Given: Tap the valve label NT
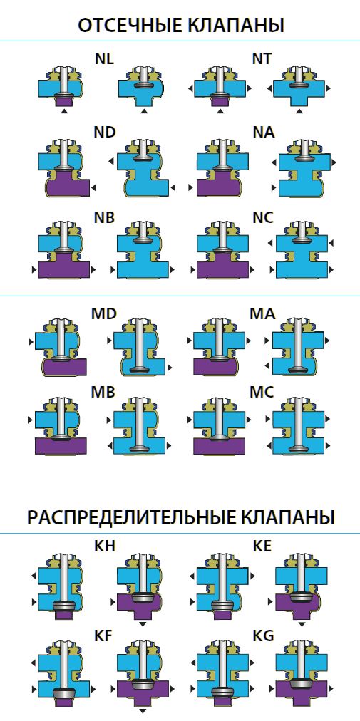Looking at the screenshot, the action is coord(262,59).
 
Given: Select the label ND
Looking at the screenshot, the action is coord(104,133).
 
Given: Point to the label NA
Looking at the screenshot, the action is coord(264,133).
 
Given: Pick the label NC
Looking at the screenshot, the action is coord(263,219).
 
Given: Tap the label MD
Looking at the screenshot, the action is coord(104,313).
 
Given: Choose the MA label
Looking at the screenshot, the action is coord(262,313).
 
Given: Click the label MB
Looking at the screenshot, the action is coord(103,393).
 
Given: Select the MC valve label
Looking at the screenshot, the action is coord(262,393).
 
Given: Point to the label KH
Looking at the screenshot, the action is coord(105,546).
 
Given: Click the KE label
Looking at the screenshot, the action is coord(262,546).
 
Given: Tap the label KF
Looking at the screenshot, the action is coord(103,636).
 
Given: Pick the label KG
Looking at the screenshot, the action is coord(263,636).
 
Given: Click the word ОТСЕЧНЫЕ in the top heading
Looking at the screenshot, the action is coord(130,26).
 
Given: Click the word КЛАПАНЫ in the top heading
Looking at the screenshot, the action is coord(236,26).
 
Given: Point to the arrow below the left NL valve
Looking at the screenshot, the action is coord(64,111).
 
